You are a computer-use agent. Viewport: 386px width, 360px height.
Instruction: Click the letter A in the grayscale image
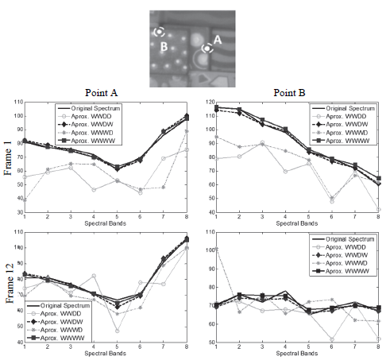(x=218, y=37)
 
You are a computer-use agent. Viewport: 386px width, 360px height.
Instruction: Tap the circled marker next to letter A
(x=207, y=48)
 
